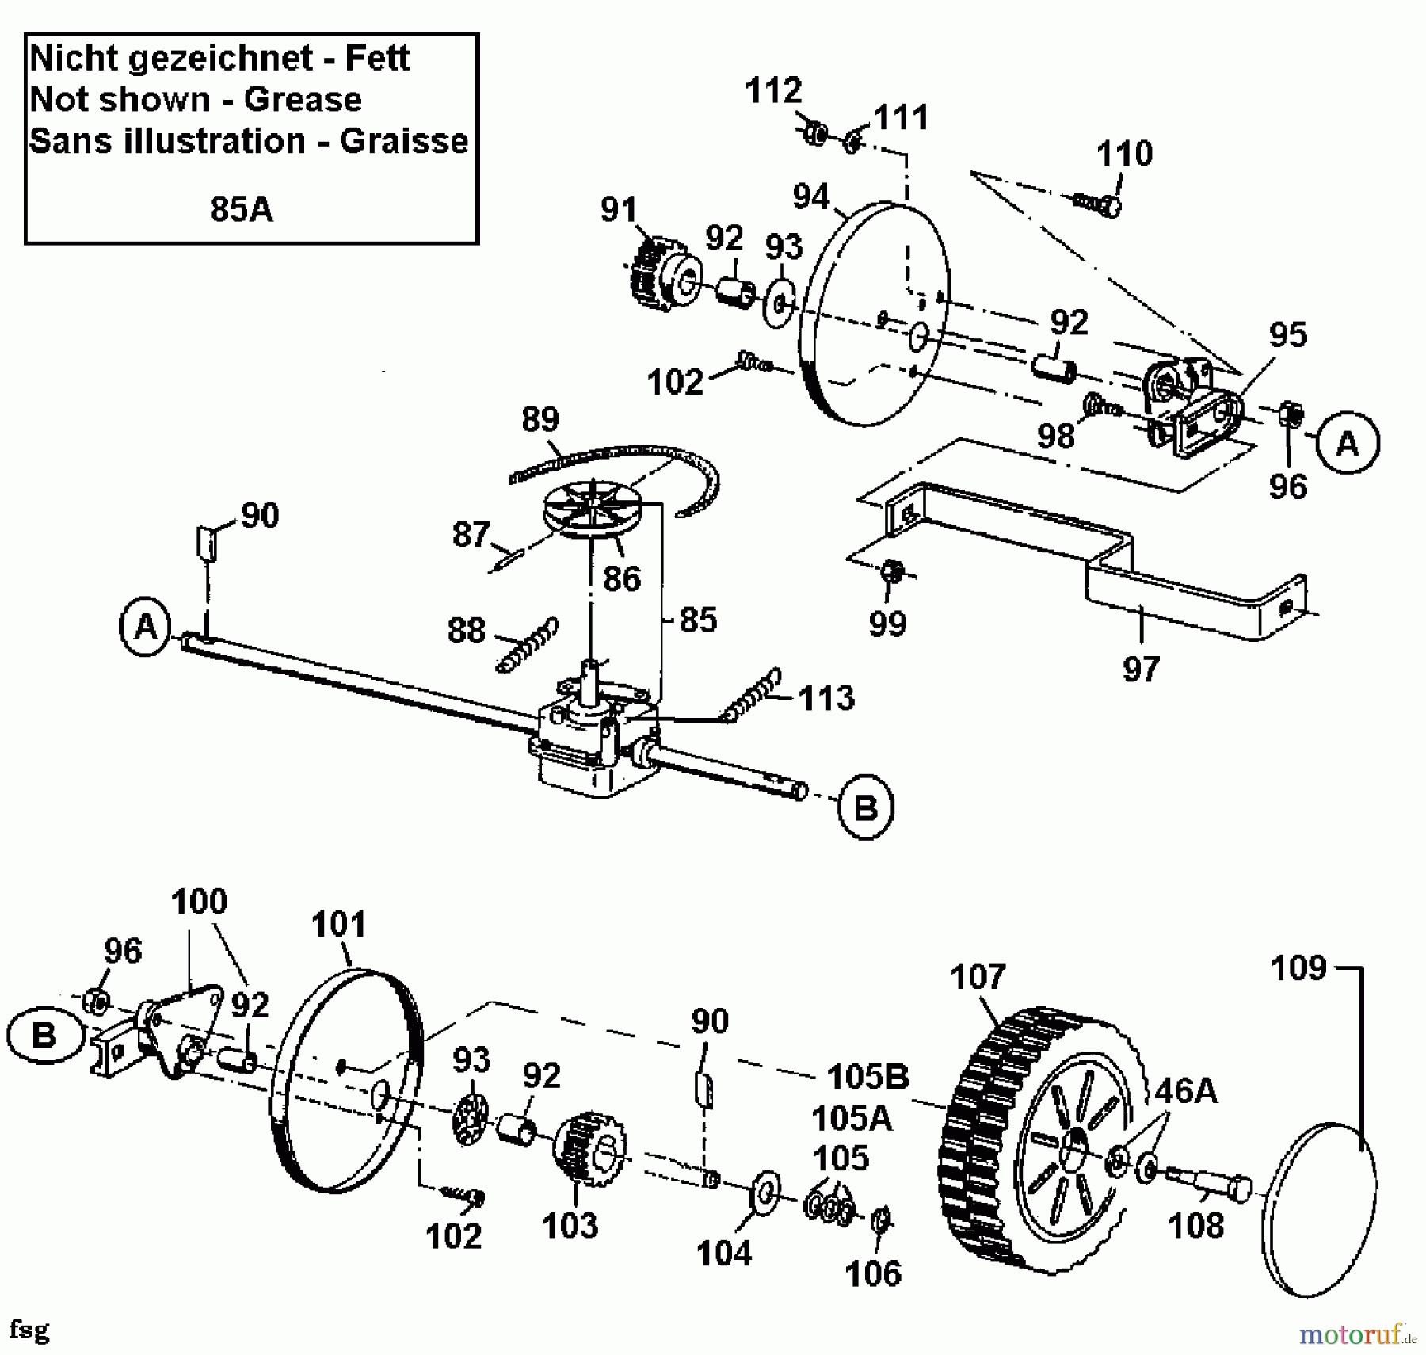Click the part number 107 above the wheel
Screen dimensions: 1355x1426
[978, 977]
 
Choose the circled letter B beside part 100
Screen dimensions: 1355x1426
[44, 1036]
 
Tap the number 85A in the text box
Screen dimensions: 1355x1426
[241, 210]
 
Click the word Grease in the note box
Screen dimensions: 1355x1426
[303, 100]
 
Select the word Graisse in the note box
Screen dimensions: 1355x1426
[404, 141]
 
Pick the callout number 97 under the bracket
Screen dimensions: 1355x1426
[1141, 670]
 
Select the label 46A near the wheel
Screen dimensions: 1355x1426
[1185, 1091]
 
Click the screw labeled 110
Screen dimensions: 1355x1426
[1097, 204]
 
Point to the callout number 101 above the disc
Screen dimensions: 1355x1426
[338, 925]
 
